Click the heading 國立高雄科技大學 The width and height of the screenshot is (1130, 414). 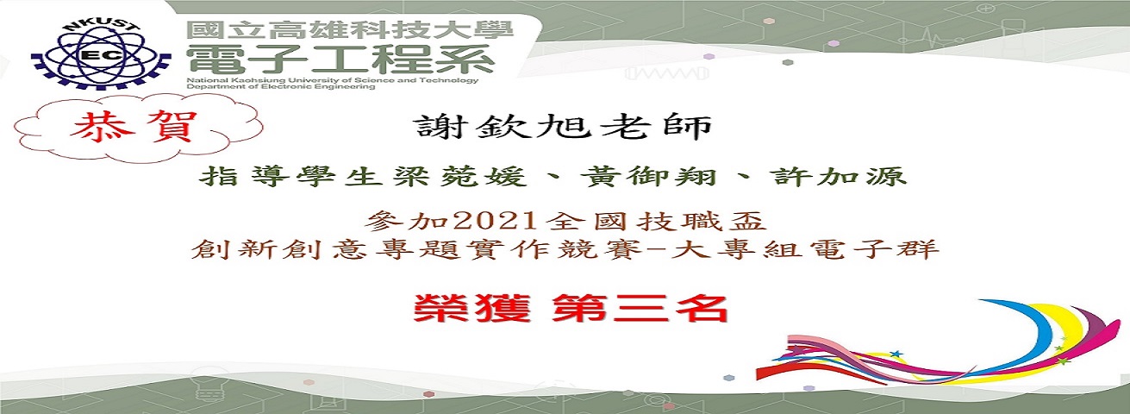click(x=350, y=30)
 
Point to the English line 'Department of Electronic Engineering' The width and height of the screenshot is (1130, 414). click(x=281, y=87)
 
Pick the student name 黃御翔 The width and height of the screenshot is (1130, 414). click(x=648, y=177)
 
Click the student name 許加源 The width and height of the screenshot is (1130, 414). click(x=839, y=177)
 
